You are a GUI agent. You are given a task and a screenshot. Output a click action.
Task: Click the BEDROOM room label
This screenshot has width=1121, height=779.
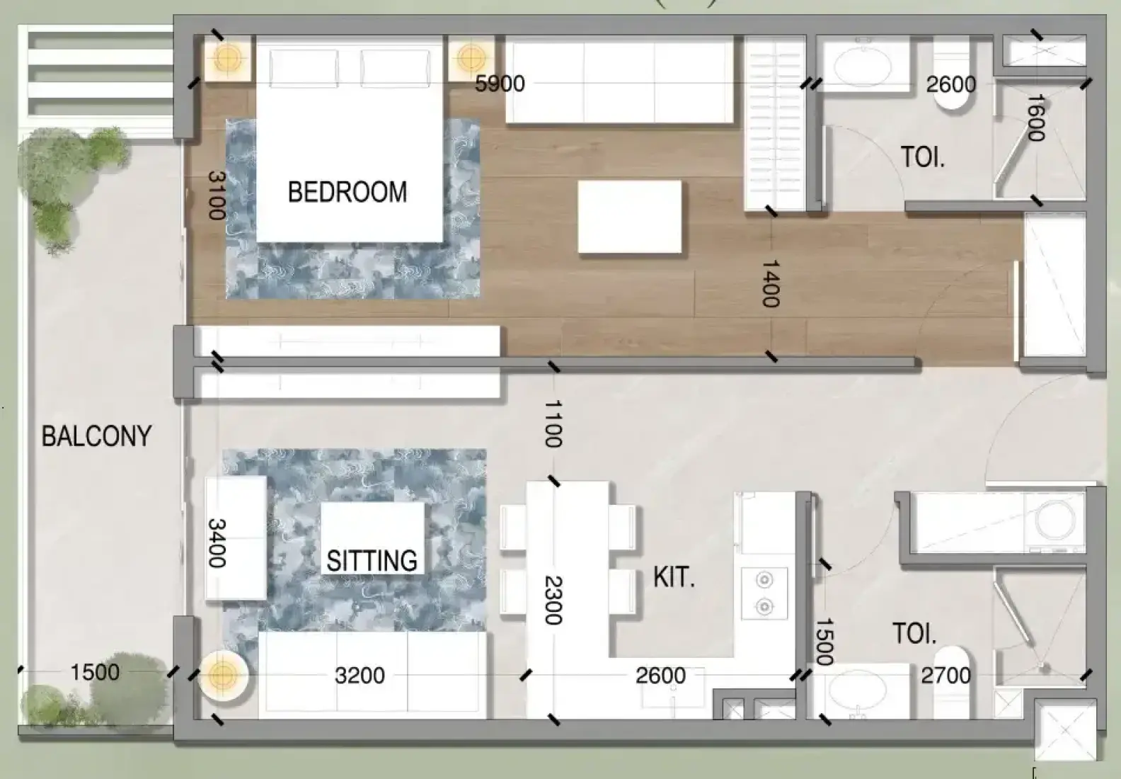coord(347,192)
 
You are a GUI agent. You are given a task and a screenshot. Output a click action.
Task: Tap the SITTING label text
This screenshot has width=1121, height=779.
coord(372,561)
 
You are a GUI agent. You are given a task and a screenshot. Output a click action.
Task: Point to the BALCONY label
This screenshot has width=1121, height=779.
coord(96,436)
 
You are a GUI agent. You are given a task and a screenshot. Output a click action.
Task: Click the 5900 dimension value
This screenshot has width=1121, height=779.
coord(500,84)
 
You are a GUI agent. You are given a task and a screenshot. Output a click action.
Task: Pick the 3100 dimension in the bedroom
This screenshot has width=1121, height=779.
coord(217,195)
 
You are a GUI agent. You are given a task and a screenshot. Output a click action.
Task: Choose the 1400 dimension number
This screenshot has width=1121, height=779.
coord(771,283)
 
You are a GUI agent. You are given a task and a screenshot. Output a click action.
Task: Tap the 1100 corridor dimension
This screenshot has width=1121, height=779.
coord(553,423)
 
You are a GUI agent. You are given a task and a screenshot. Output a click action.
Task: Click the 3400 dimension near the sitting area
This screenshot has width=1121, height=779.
coord(217,543)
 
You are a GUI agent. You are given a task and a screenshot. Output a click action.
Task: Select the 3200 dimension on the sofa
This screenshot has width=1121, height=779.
coord(360,676)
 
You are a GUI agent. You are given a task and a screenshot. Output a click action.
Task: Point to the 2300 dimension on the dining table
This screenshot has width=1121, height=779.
coord(553,601)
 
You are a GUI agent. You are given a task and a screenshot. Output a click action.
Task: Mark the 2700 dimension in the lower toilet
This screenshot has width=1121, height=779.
coord(945,676)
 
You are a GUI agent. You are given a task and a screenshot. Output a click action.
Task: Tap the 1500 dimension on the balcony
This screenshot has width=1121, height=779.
coord(95,672)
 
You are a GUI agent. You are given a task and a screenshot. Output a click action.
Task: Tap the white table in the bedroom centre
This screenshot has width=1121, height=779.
coord(630,217)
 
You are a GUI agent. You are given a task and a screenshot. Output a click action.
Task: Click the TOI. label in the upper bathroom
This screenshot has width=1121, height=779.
coord(924,157)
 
